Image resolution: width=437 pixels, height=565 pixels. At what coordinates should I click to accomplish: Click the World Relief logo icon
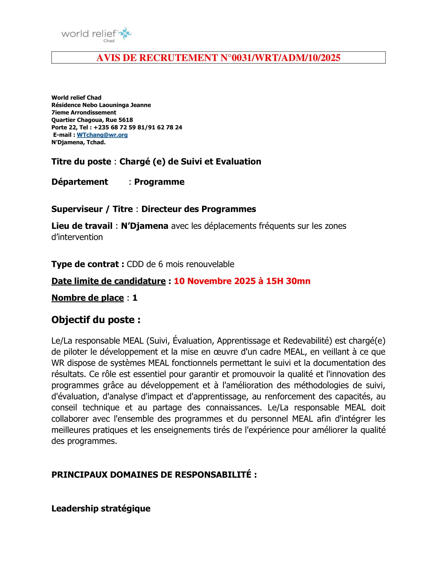125,33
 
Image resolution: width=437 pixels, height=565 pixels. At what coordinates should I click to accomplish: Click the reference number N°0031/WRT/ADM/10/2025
280,58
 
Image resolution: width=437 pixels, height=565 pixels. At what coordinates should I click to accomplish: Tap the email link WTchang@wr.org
102,135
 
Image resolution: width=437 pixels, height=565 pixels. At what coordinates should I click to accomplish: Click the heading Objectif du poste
96,320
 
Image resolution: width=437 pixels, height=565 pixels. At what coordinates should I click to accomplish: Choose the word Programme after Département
159,182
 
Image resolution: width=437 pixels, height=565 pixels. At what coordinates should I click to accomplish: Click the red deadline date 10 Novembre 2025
215,281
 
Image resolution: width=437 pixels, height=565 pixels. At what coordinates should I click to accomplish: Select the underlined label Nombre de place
87,298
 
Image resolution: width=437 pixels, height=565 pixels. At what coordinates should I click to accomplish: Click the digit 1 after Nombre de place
135,298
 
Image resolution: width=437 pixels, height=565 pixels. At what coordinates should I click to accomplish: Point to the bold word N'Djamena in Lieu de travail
144,226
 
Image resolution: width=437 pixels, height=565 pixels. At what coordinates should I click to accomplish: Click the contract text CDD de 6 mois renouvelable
180,264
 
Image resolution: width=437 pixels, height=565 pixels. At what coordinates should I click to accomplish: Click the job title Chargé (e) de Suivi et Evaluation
190,162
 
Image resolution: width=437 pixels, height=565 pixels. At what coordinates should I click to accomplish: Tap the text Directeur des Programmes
198,209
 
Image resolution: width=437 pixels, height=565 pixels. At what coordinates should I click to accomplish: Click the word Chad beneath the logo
109,41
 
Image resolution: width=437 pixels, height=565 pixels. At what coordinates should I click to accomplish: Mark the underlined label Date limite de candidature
108,281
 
